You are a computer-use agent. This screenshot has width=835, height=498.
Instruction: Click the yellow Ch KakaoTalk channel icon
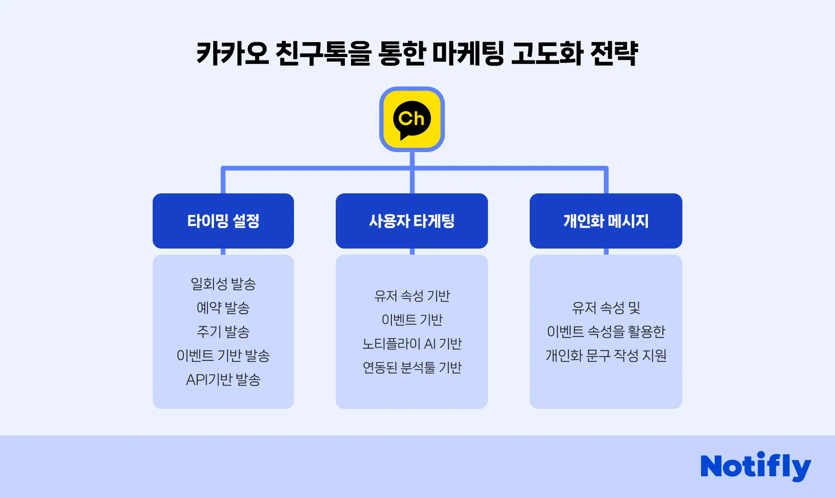pyautogui.click(x=412, y=119)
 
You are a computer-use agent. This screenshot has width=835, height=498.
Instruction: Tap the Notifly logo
pyautogui.click(x=755, y=466)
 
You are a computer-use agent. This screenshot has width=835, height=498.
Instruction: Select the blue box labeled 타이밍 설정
pyautogui.click(x=223, y=221)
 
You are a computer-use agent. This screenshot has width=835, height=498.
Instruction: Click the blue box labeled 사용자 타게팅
pyautogui.click(x=412, y=221)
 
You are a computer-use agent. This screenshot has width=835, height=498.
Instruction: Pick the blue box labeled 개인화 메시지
pyautogui.click(x=606, y=221)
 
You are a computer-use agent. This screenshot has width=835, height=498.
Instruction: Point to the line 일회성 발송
pyautogui.click(x=223, y=284)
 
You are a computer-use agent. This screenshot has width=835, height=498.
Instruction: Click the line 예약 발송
pyautogui.click(x=223, y=308)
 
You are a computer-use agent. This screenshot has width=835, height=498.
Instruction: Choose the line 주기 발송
pyautogui.click(x=223, y=332)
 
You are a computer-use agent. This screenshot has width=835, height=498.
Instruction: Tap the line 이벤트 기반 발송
pyautogui.click(x=223, y=356)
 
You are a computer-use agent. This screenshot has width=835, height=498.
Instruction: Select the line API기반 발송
pyautogui.click(x=223, y=380)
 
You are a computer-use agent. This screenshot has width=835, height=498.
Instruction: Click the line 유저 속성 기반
pyautogui.click(x=412, y=296)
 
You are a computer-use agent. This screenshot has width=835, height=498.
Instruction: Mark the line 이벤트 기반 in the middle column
pyautogui.click(x=412, y=320)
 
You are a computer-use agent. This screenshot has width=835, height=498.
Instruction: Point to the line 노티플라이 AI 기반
pyautogui.click(x=412, y=344)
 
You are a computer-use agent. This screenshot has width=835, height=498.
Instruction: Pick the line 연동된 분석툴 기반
pyautogui.click(x=412, y=368)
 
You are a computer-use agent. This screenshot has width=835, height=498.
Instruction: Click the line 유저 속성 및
pyautogui.click(x=606, y=308)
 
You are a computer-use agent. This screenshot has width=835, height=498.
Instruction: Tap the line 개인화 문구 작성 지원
pyautogui.click(x=606, y=356)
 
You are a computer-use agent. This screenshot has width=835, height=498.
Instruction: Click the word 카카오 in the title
pyautogui.click(x=232, y=53)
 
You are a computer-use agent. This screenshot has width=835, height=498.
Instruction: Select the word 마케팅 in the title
pyautogui.click(x=468, y=53)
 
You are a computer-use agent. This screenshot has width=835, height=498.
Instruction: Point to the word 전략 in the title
pyautogui.click(x=614, y=53)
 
